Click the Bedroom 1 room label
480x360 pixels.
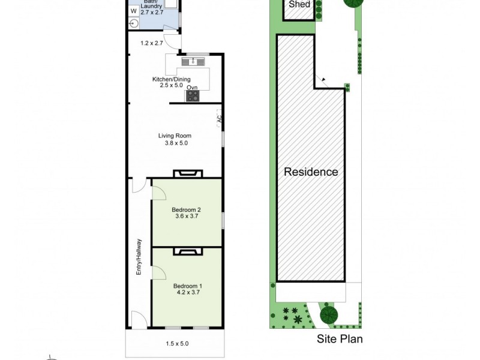click(x=187, y=289)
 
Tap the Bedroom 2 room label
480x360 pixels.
click(x=187, y=213)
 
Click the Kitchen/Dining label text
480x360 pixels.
click(x=171, y=82)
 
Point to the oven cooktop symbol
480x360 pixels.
click(x=193, y=95)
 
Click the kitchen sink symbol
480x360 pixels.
click(x=194, y=61)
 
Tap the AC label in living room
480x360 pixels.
click(x=219, y=119)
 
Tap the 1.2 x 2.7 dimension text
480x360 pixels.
click(x=151, y=43)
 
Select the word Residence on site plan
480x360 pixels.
click(x=310, y=172)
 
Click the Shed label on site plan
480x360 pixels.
click(x=299, y=5)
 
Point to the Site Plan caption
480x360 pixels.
click(x=340, y=339)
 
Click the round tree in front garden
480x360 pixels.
click(x=328, y=314)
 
